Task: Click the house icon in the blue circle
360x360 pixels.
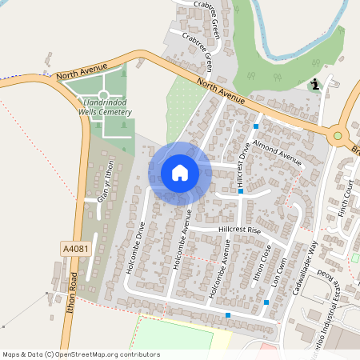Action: click(180, 172)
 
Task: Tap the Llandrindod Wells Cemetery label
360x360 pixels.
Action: click(105, 105)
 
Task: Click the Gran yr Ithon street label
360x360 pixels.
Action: click(106, 181)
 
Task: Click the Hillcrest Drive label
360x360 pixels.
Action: click(243, 165)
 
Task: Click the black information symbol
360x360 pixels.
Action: click(316, 83)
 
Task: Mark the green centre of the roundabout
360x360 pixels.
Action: click(338, 136)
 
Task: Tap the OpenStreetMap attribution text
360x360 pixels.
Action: click(81, 354)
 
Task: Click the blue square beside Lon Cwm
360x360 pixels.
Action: click(266, 302)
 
